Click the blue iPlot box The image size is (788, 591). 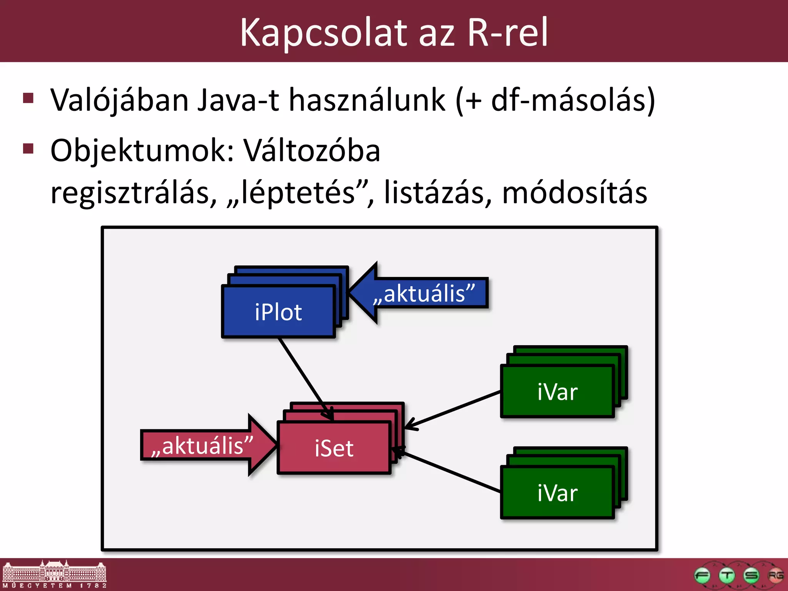[278, 312]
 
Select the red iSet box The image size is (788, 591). [334, 448]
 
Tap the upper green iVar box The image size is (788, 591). [557, 392]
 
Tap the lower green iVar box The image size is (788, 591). [557, 493]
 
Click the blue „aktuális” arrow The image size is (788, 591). [423, 294]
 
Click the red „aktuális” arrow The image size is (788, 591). [204, 446]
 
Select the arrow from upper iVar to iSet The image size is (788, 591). [454, 409]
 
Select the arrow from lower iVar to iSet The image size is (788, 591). [450, 472]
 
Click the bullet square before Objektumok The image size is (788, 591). [28, 148]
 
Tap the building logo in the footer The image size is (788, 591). [54, 573]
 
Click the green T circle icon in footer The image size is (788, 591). [727, 576]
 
